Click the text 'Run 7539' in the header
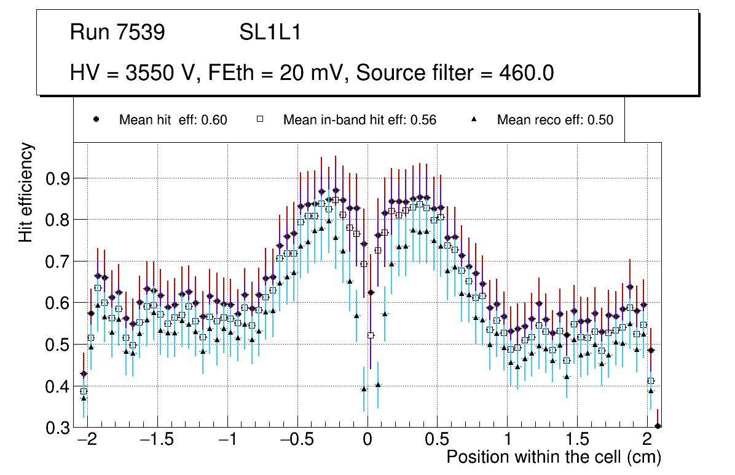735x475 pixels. click(117, 33)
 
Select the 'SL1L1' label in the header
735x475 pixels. click(270, 33)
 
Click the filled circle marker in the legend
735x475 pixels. click(96, 120)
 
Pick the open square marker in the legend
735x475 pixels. click(259, 120)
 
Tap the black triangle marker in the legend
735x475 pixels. click(474, 120)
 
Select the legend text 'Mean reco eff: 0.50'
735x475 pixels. click(555, 120)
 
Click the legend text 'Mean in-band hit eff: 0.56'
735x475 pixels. click(360, 120)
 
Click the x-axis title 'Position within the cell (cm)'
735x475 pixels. click(553, 457)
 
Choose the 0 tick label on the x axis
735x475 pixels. click(367, 441)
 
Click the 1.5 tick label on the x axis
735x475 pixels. click(577, 441)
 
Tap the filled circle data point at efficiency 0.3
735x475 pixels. click(658, 426)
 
